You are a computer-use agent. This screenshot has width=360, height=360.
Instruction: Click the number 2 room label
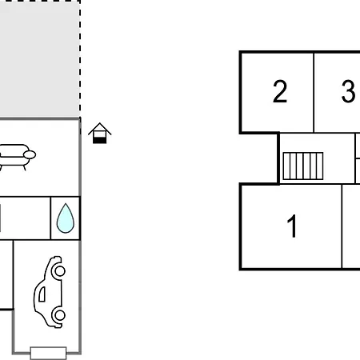tap(280, 91)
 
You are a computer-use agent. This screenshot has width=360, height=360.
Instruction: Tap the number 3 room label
tap(348, 91)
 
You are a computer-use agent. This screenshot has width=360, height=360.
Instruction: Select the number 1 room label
tap(292, 226)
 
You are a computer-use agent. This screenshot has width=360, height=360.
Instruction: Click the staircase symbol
tap(303, 166)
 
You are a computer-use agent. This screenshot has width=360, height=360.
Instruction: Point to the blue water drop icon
tap(66, 218)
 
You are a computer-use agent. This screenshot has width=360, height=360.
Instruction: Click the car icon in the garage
tap(50, 292)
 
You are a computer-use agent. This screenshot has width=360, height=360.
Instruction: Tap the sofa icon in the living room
tap(16, 157)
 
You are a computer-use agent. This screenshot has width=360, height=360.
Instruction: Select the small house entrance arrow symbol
tap(100, 133)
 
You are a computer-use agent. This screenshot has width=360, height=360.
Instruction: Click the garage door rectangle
tap(48, 353)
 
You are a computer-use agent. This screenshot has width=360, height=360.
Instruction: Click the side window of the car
tap(42, 294)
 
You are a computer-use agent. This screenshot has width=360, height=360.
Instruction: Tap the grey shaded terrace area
tap(39, 58)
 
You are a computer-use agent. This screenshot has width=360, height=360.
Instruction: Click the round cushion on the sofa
tap(30, 154)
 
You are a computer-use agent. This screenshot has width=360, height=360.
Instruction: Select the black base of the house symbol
tap(99, 140)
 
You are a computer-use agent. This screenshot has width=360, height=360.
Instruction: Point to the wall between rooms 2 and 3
tap(314, 92)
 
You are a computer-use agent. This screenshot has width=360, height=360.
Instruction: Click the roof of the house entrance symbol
tap(100, 129)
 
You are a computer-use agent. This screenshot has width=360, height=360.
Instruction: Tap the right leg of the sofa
tap(25, 168)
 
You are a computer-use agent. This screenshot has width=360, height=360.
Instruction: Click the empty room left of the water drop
tap(25, 218)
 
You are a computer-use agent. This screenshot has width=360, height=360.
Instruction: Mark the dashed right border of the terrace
tap(80, 58)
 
